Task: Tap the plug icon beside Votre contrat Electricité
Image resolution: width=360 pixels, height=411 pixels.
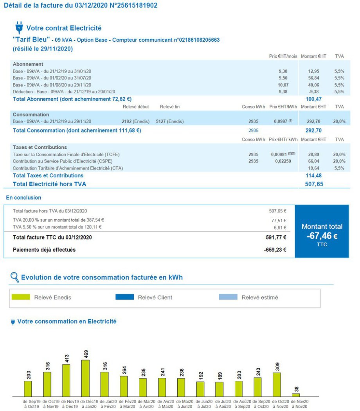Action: [x=19, y=27]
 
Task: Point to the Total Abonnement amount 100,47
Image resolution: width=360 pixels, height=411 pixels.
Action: [x=313, y=99]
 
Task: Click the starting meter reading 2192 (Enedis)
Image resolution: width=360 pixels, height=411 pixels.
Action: [x=135, y=121]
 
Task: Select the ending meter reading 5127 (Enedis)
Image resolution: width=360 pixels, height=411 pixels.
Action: [x=169, y=121]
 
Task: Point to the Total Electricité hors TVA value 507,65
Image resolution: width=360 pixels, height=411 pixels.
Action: [x=314, y=184]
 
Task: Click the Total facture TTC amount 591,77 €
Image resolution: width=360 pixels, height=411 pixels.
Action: [x=276, y=237]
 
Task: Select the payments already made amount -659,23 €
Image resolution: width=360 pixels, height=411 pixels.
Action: [x=275, y=250]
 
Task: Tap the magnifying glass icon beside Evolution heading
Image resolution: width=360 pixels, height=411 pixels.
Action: [x=14, y=277]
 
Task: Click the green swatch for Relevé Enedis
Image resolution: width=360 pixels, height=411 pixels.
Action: [x=21, y=297]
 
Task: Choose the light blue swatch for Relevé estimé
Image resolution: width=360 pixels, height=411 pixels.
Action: [x=228, y=297]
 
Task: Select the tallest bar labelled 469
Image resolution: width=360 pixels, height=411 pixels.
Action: [x=85, y=378]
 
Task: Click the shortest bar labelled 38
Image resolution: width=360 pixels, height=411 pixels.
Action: [x=296, y=395]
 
